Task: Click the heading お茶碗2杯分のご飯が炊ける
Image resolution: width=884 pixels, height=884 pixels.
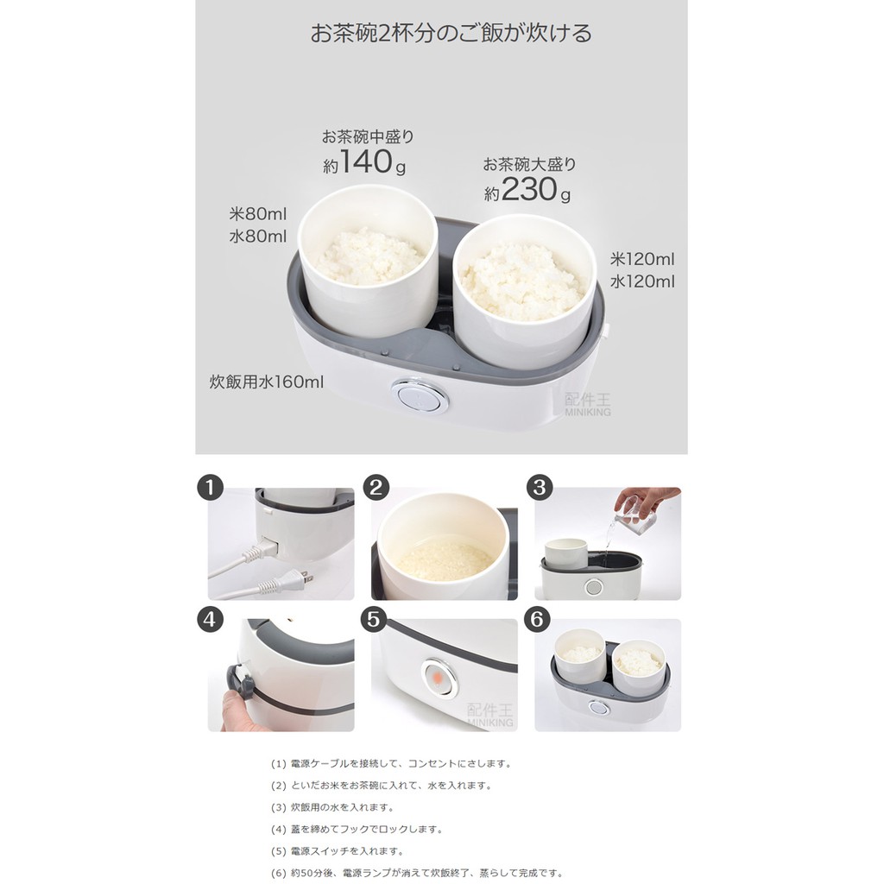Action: (451, 33)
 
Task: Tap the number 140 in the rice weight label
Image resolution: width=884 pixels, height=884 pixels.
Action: (366, 161)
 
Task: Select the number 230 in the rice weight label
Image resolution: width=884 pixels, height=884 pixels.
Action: (528, 189)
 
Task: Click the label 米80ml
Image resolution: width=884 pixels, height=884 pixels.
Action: (257, 214)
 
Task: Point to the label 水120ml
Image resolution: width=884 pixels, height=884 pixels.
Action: (642, 281)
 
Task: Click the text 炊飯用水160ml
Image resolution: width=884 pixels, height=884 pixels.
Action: (267, 382)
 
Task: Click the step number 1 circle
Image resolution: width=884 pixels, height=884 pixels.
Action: (211, 487)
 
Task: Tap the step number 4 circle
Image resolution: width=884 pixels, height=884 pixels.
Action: (210, 620)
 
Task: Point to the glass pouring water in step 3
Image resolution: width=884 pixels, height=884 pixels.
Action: (635, 513)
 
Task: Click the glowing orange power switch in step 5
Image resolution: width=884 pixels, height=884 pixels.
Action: (439, 677)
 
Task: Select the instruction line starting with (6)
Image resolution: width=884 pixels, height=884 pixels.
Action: (417, 874)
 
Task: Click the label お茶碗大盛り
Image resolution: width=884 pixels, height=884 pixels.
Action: (529, 165)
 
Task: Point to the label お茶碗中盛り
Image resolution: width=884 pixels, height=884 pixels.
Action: (368, 136)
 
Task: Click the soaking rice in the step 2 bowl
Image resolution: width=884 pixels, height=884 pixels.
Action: (445, 559)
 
